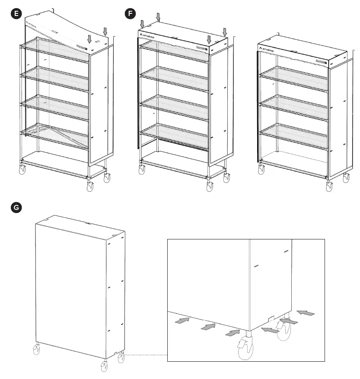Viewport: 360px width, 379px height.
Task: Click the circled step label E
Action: point(16,14)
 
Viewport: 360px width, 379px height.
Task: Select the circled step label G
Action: point(16,207)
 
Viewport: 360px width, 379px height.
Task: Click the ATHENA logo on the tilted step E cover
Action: point(35,24)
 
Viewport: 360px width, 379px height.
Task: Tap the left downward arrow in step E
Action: point(89,39)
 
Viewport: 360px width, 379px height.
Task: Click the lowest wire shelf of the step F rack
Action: point(175,136)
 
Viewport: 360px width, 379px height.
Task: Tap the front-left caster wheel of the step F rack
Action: point(142,169)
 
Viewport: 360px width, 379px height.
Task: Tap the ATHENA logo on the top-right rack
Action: point(268,50)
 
